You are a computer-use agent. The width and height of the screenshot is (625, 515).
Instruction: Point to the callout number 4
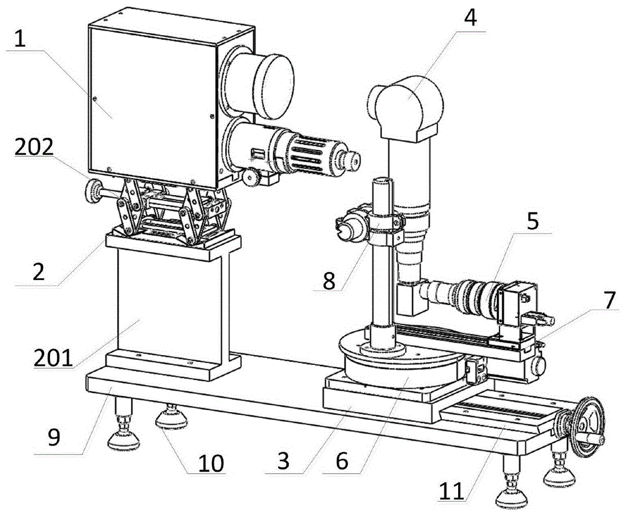click(470, 17)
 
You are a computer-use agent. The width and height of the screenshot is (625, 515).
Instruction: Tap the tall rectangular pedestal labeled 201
click(169, 306)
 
